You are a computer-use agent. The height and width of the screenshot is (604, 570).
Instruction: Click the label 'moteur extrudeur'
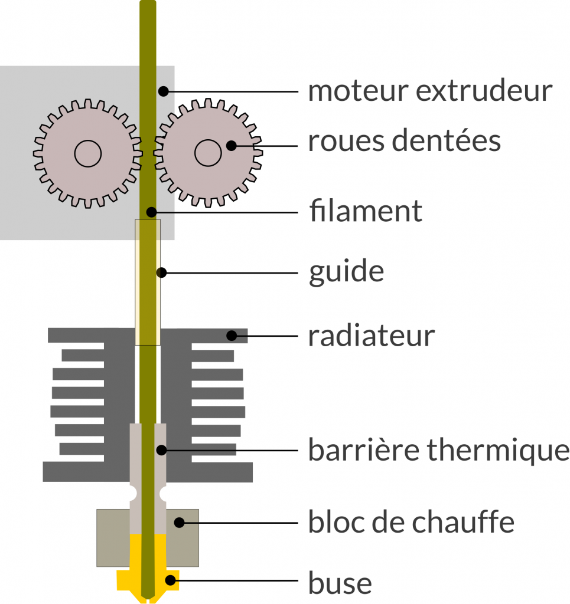click(x=430, y=91)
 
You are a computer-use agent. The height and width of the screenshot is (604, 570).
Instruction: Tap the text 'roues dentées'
click(x=404, y=142)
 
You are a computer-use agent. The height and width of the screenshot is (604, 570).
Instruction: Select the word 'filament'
click(x=366, y=211)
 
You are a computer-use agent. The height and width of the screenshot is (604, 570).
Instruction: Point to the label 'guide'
click(x=346, y=273)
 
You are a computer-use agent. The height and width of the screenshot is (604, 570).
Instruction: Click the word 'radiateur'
click(x=371, y=336)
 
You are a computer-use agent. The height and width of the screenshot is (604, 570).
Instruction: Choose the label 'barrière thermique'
click(x=438, y=451)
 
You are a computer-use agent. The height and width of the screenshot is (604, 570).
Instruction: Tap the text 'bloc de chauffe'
click(x=411, y=522)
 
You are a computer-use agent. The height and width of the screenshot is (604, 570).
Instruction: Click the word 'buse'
click(x=340, y=583)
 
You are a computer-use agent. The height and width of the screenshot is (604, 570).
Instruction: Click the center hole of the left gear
click(x=87, y=153)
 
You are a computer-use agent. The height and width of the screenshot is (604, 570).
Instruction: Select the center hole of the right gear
click(x=208, y=153)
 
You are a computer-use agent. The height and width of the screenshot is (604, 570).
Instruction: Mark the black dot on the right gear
click(x=232, y=145)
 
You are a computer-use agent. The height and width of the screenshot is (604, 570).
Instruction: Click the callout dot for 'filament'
click(x=152, y=211)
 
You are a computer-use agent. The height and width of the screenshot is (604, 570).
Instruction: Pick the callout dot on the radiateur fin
click(x=232, y=336)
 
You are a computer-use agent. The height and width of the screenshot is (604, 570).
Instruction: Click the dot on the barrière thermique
click(x=161, y=451)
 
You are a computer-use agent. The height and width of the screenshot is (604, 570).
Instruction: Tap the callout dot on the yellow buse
click(x=171, y=580)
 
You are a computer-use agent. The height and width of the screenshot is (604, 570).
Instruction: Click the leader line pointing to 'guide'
click(x=230, y=273)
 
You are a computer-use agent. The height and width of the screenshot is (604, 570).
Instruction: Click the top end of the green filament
click(x=148, y=5)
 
